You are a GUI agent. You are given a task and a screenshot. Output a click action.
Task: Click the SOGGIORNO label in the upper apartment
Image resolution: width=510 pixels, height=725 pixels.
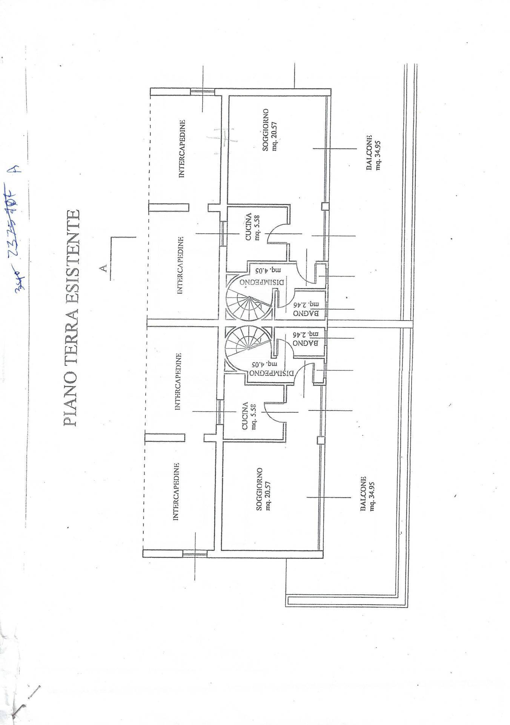coord(266,130)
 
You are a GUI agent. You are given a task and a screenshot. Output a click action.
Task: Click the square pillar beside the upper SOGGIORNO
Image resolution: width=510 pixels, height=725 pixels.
coord(325,206)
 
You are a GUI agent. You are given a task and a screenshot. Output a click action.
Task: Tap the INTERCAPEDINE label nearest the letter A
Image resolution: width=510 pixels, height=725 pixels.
coord(181,265)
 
